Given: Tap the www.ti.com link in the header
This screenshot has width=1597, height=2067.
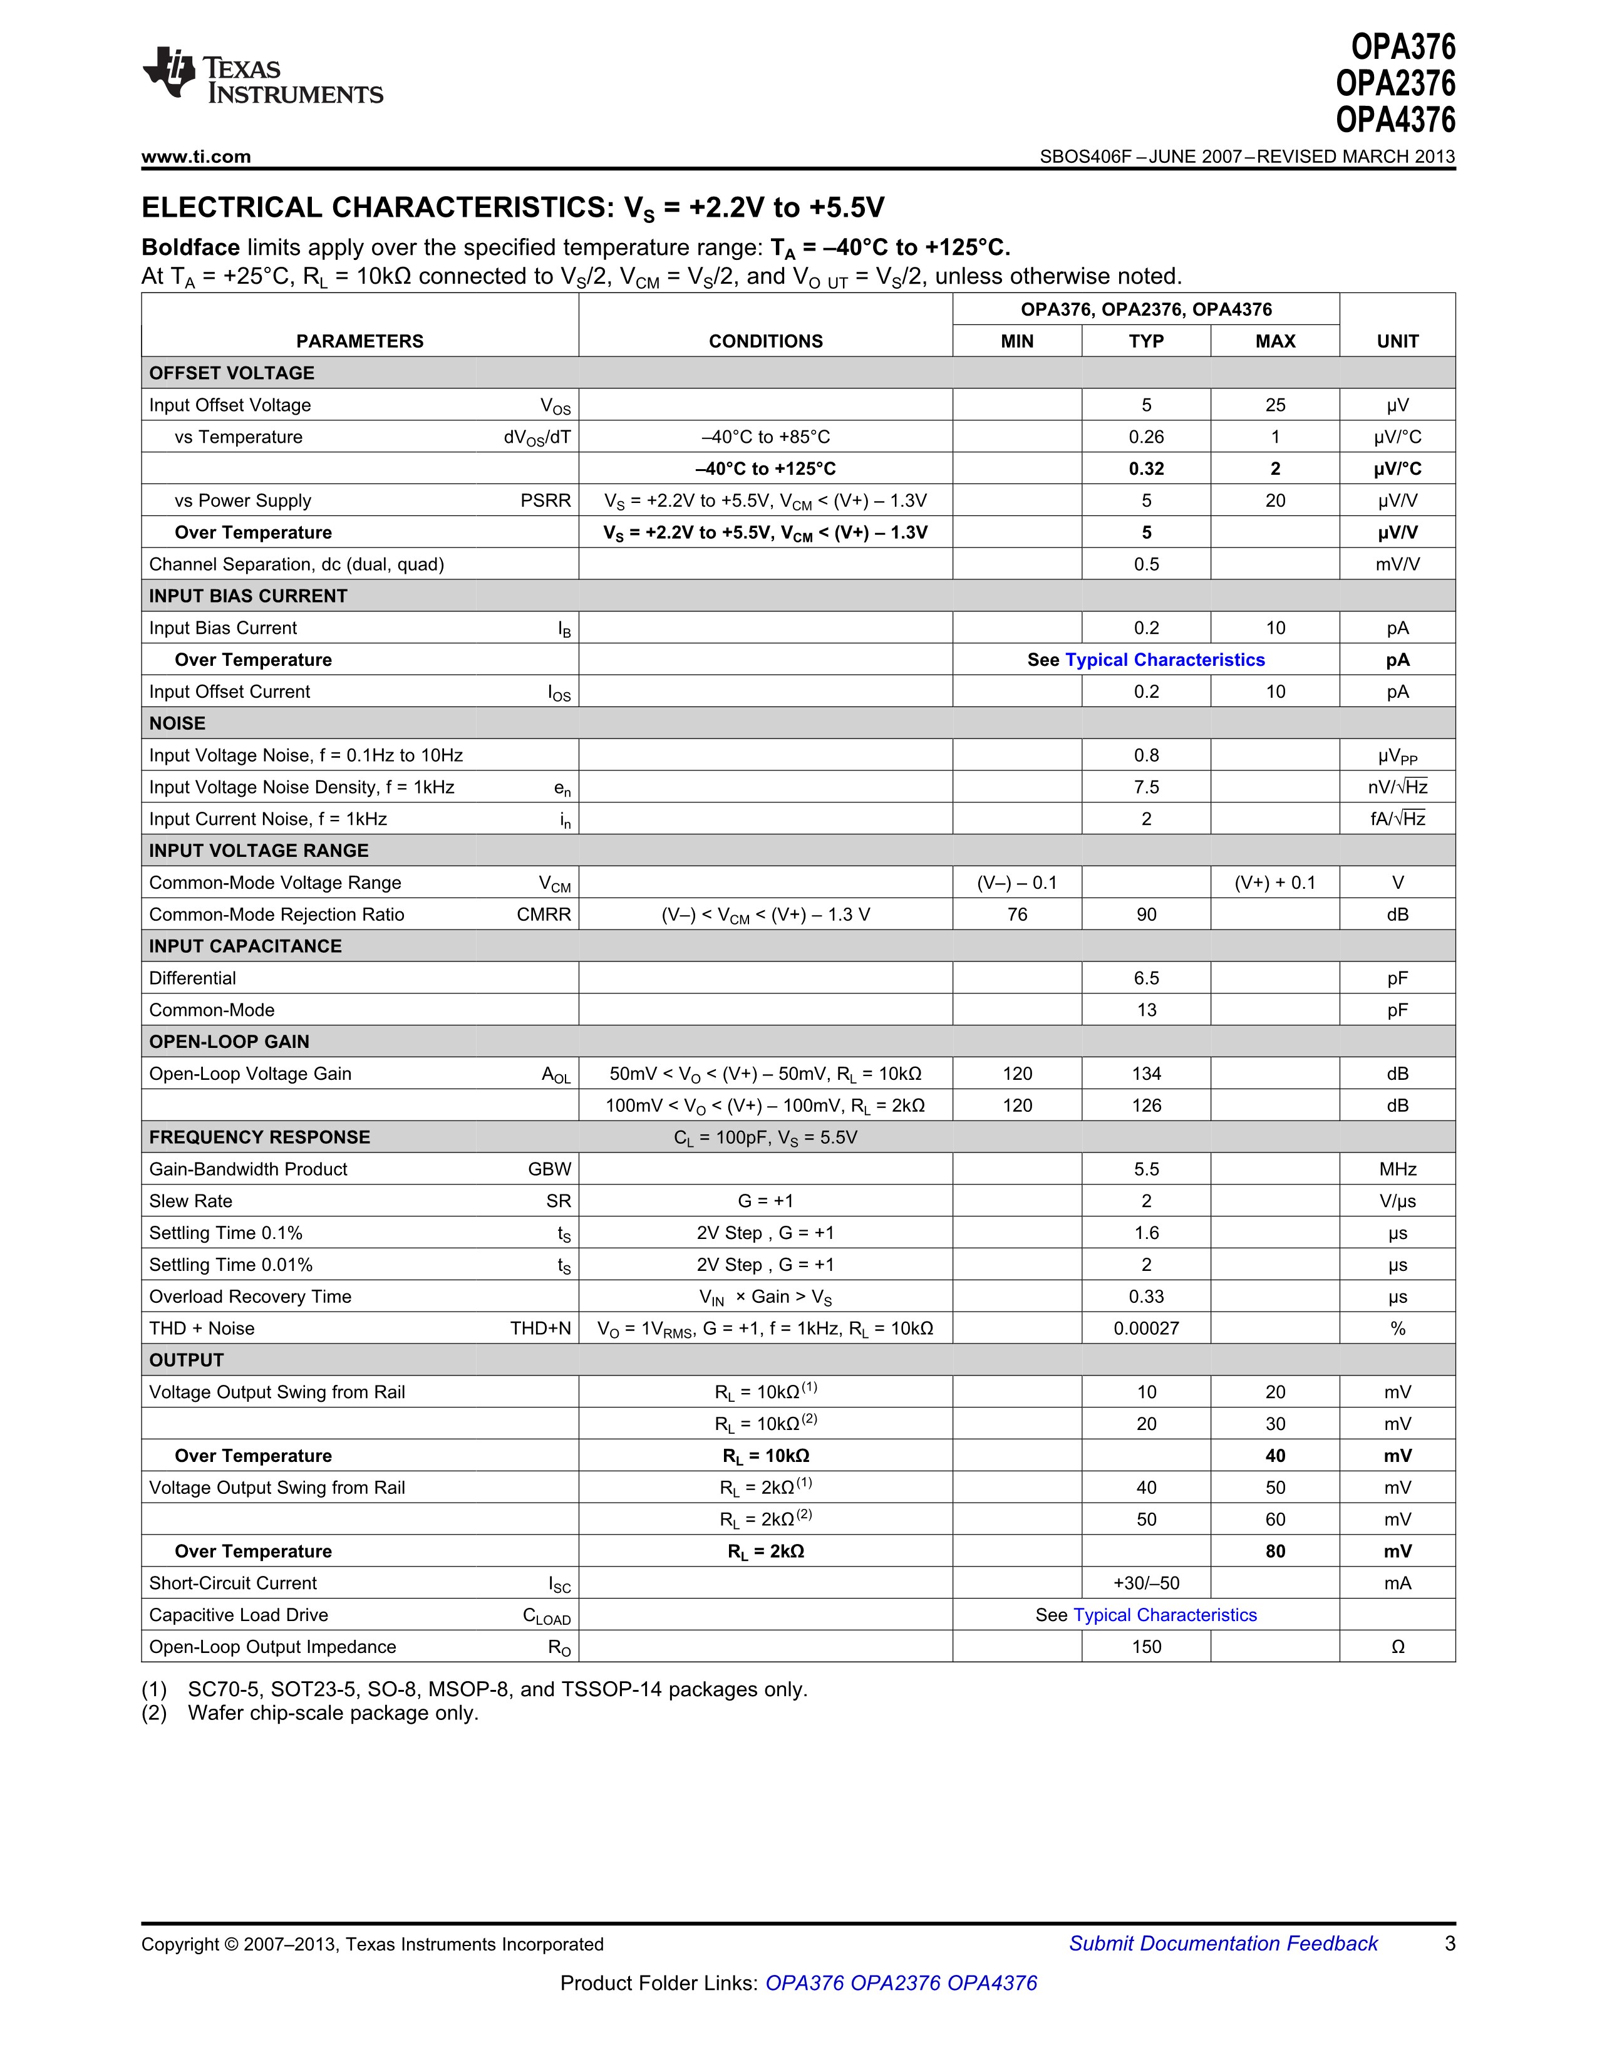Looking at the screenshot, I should point(196,157).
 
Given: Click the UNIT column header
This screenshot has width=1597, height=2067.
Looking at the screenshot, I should point(1397,341).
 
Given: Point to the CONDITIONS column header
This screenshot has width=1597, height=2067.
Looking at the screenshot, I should point(765,341).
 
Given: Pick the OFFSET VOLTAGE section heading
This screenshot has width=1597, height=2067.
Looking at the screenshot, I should point(232,373).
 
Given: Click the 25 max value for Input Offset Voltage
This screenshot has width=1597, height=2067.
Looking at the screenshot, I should point(1274,405).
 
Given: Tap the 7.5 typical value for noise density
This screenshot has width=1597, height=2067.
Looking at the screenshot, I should point(1145,787).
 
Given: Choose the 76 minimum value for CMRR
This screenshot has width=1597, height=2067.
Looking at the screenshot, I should point(1017,914).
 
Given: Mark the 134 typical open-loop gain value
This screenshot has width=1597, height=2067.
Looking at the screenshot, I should point(1145,1073).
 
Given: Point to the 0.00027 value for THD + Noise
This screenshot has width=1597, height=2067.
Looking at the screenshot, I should point(1145,1328).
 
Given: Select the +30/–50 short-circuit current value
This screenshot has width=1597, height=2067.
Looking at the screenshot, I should point(1145,1582).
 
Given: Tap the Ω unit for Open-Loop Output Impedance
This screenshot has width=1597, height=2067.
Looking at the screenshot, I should point(1397,1647).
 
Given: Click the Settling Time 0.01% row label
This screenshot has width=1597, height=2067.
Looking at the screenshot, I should point(231,1265).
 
